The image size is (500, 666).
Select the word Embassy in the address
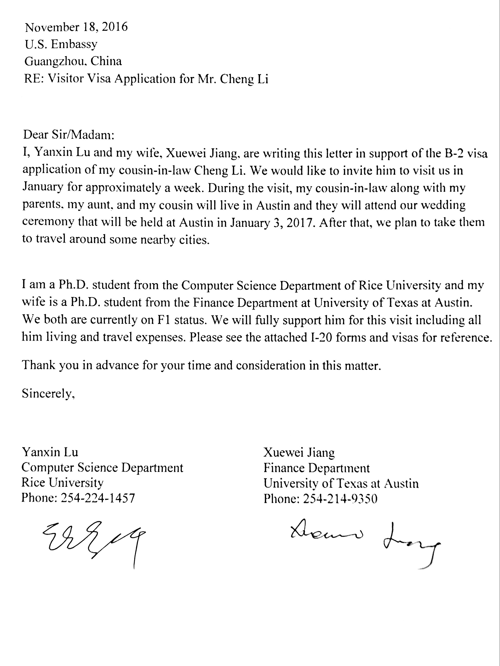pyautogui.click(x=74, y=45)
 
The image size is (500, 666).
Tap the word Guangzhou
pyautogui.click(x=56, y=62)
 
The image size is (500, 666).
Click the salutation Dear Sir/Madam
pyautogui.click(x=69, y=135)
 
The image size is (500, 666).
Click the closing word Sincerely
pyautogui.click(x=48, y=394)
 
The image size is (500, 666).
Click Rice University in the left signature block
pyautogui.click(x=62, y=483)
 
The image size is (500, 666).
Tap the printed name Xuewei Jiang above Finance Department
pyautogui.click(x=299, y=453)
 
